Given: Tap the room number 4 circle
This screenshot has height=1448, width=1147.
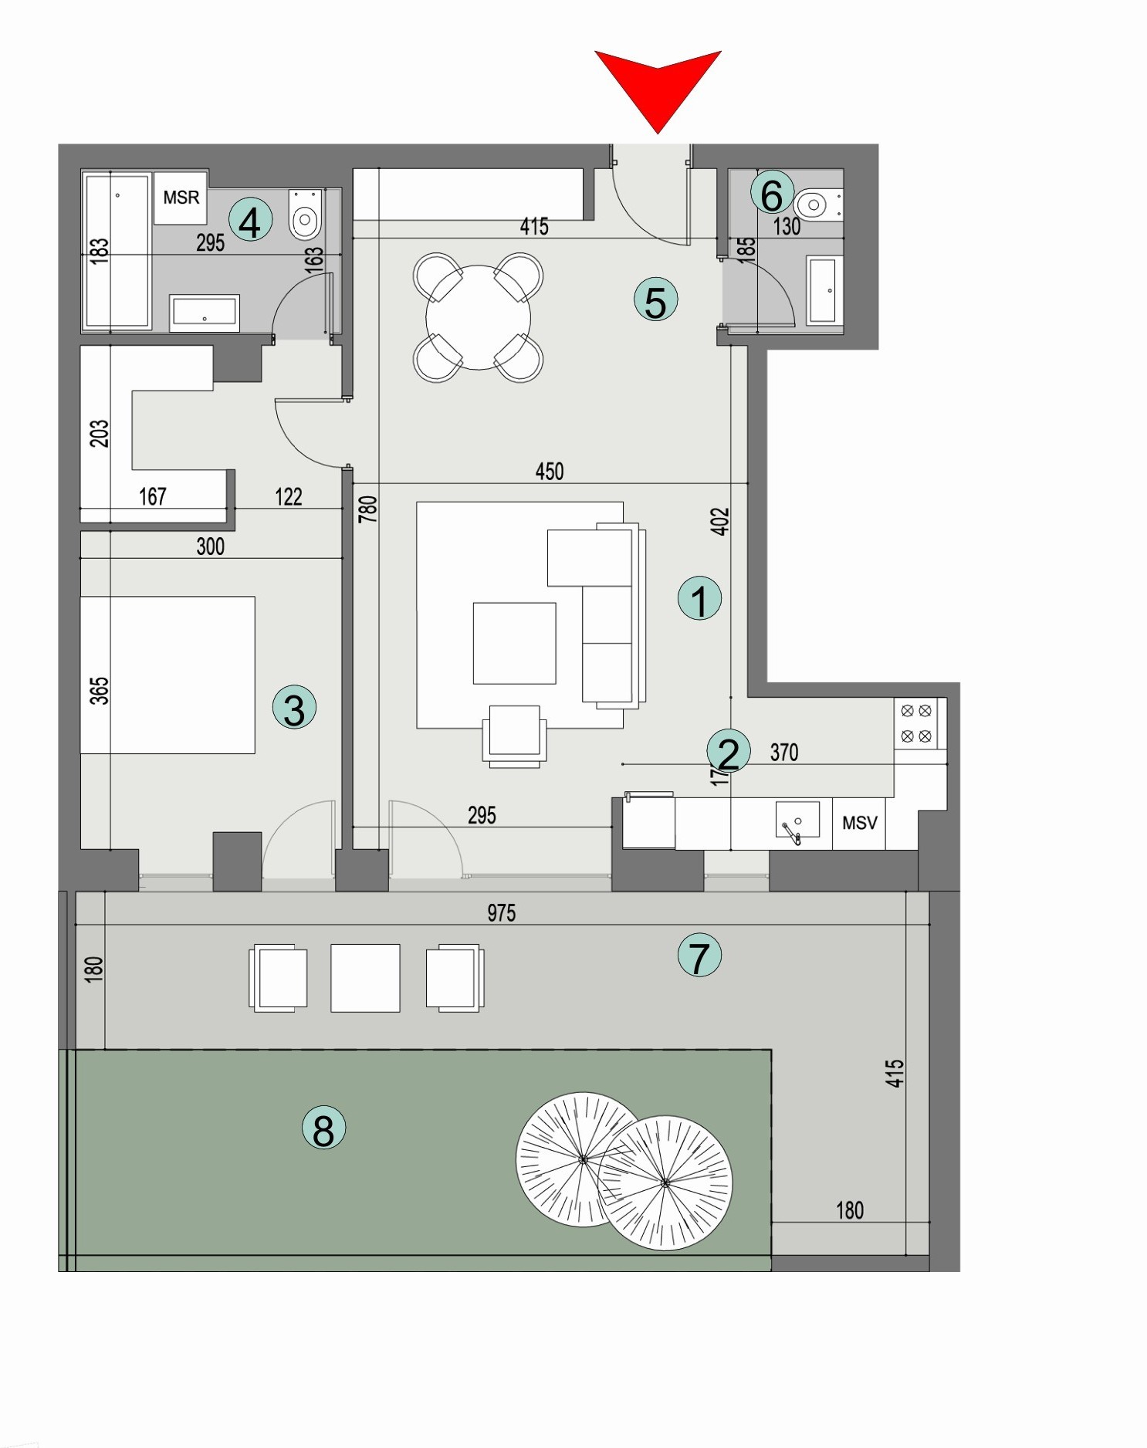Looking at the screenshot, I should point(250,221).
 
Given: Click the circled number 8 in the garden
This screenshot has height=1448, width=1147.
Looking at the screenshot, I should point(323,1128).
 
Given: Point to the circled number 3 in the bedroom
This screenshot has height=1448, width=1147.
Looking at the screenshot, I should point(294,708).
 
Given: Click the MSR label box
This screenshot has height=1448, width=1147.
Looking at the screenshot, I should point(181,198).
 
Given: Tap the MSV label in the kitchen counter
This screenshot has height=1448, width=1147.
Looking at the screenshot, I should point(859,824).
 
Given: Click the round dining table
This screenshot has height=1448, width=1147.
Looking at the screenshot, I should point(478,317).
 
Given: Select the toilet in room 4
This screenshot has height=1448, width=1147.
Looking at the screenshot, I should point(305,215).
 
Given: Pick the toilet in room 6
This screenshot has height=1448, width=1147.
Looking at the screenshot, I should point(815,205).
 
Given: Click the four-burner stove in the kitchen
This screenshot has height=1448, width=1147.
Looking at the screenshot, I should point(916,723).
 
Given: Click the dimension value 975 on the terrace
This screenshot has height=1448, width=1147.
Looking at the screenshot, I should point(501,913).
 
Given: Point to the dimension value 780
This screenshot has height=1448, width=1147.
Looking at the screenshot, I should point(368,509).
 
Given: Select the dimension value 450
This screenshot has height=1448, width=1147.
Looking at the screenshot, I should point(549,471).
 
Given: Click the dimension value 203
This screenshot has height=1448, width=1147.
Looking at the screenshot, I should point(100,433).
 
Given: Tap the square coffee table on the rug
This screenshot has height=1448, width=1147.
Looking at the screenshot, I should point(514,643).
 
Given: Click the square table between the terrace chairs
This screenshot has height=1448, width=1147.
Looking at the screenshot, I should point(365,977).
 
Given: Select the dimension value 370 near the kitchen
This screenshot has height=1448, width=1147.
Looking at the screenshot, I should point(783,752).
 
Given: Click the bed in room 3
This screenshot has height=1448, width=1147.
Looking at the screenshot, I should point(167,674).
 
